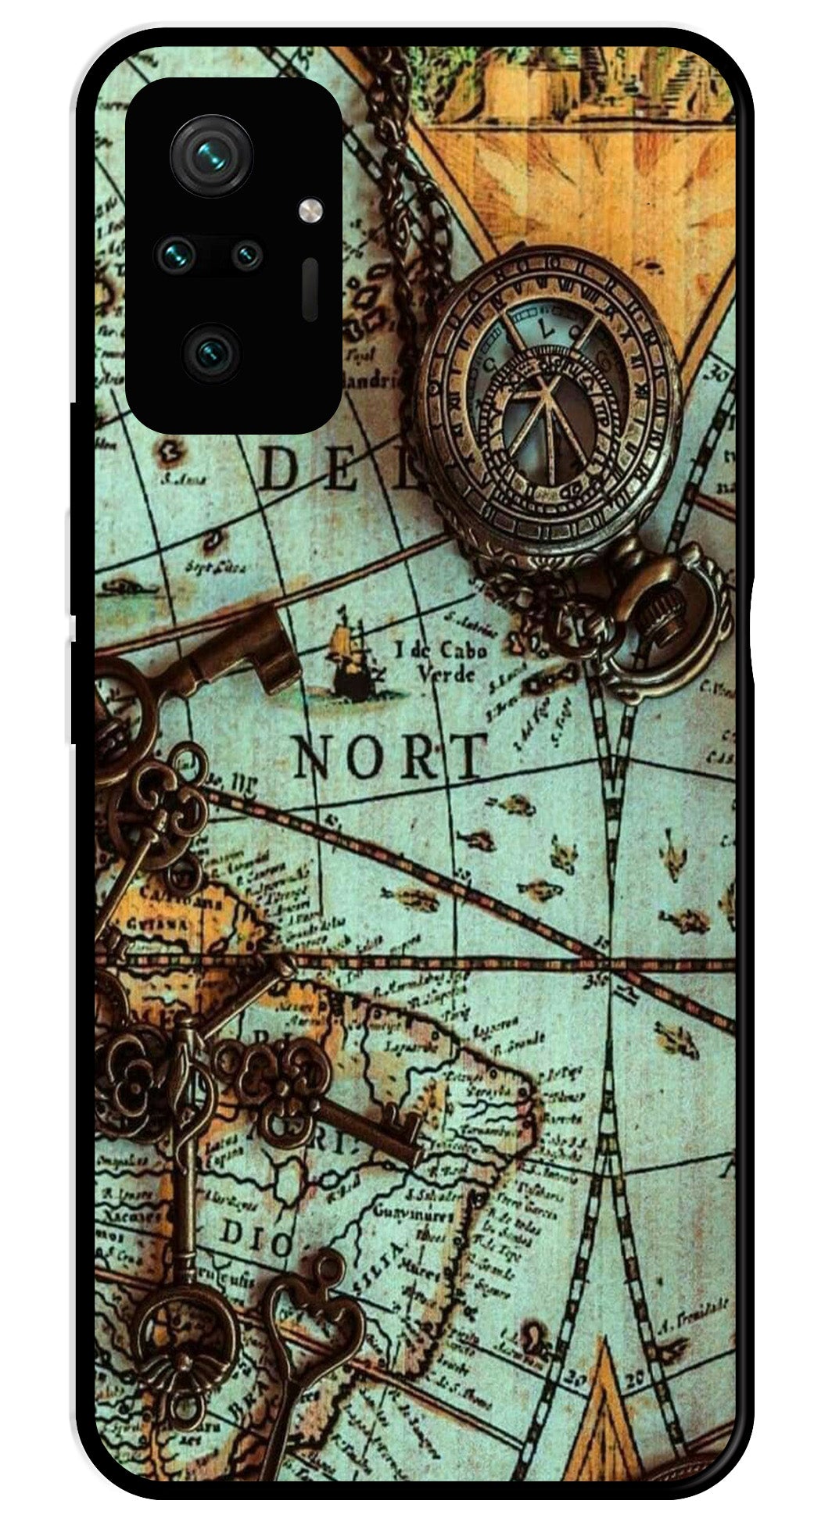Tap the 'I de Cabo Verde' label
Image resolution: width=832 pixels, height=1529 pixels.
tap(442, 661)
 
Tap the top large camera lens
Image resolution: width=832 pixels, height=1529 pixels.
tap(211, 155)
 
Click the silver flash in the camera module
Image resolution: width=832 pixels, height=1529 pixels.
tap(310, 209)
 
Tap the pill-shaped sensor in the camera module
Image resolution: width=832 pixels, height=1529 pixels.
tap(310, 288)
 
